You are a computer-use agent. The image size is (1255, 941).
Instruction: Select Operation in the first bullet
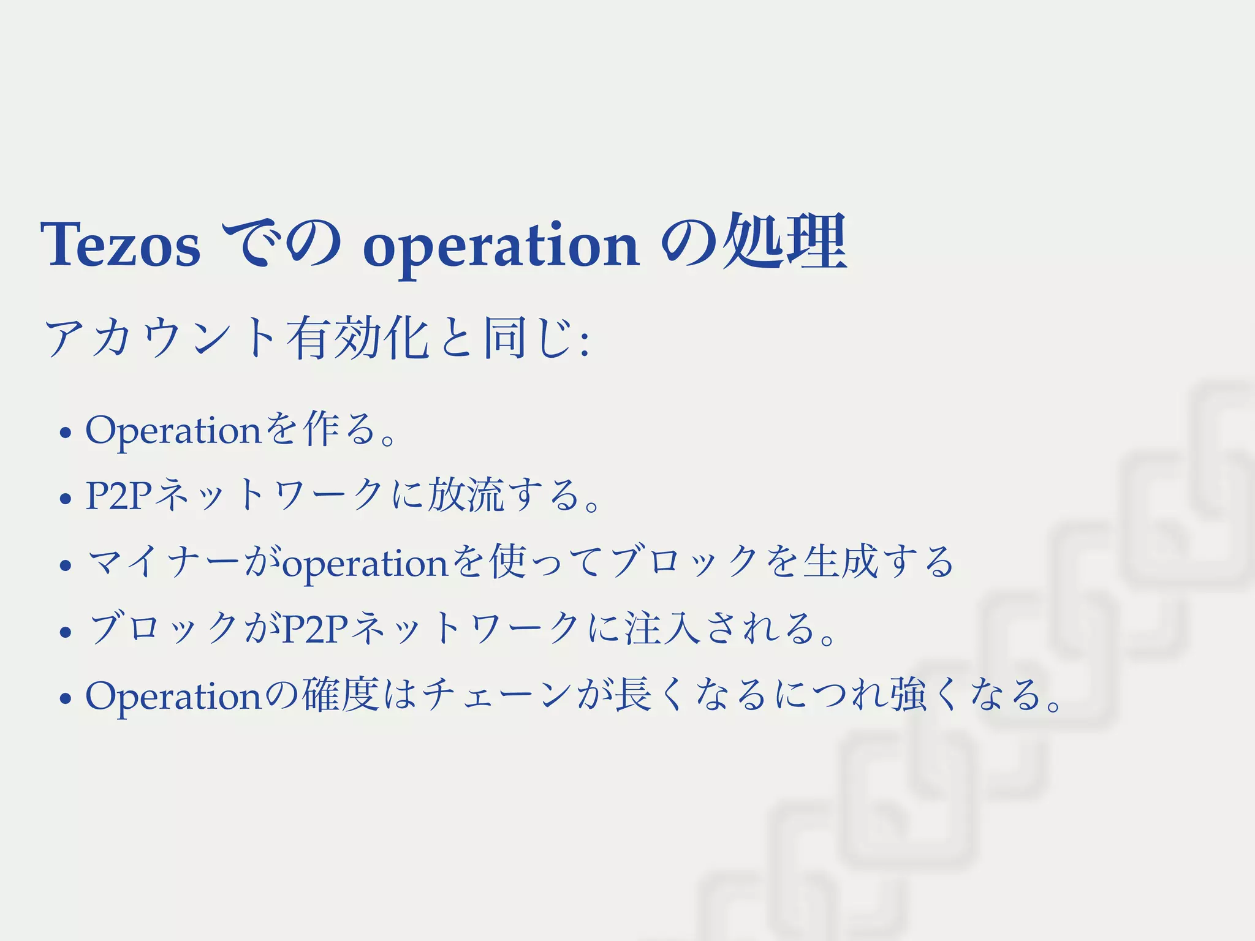tap(173, 430)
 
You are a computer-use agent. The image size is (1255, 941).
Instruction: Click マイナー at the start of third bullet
tap(162, 562)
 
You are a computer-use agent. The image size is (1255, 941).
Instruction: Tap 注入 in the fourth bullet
tap(662, 629)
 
